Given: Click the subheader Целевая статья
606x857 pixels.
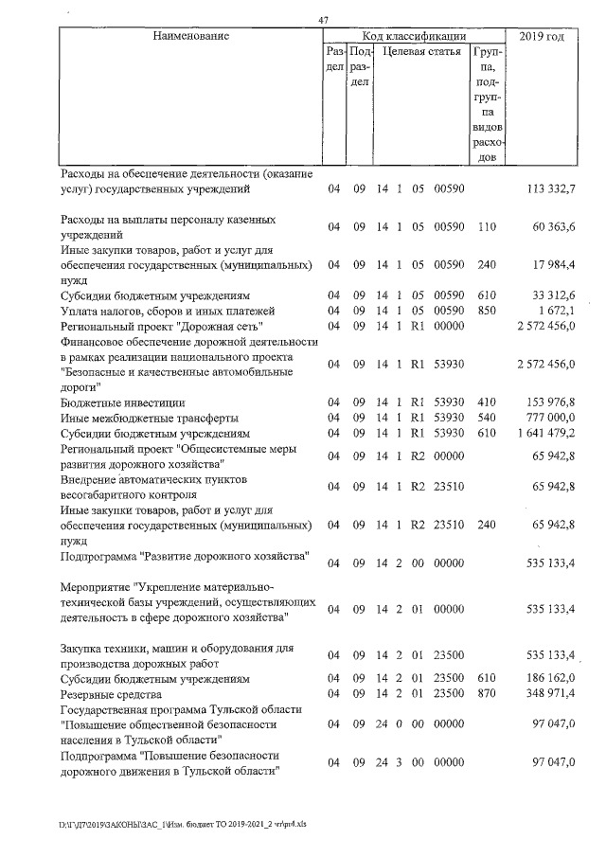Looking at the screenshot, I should pyautogui.click(x=421, y=52).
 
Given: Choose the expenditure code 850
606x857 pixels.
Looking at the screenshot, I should pyautogui.click(x=487, y=311).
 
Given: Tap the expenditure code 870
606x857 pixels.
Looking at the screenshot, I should pyautogui.click(x=487, y=694).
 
